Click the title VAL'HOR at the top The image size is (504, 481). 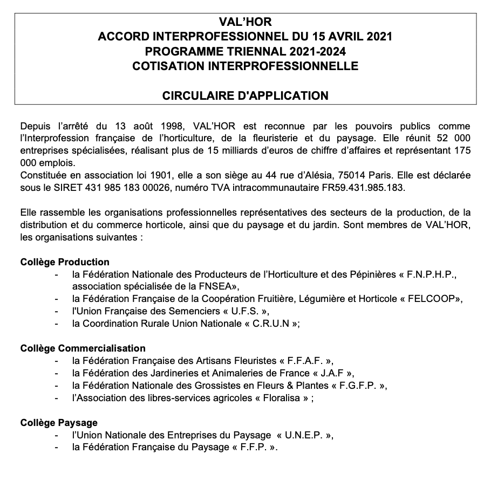tap(246, 23)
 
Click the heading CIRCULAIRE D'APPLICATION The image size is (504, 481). tap(246, 95)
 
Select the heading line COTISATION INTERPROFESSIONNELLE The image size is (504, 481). tap(246, 66)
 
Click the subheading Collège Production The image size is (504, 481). tap(65, 262)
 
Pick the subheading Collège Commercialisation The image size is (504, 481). tap(83, 348)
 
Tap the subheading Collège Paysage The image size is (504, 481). tap(59, 423)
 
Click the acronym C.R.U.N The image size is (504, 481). tap(271, 324)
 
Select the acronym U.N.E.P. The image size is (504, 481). tap(305, 435)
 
